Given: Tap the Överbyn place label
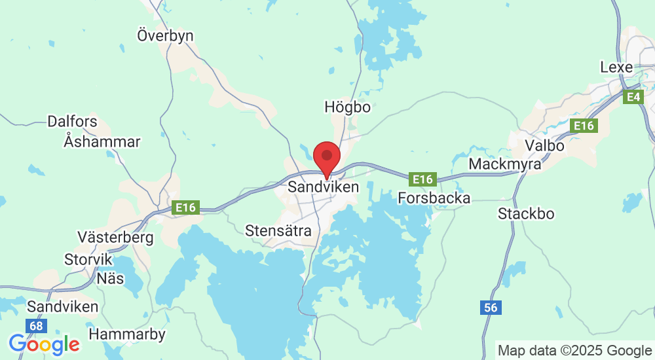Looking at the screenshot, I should [x=165, y=35].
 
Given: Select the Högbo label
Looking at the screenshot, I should [x=347, y=107].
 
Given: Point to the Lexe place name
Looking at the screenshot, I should [x=616, y=67].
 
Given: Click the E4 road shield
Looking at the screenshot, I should [x=632, y=98].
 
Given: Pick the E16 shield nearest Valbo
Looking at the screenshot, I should [x=584, y=126].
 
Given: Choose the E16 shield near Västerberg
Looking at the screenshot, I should [x=185, y=207].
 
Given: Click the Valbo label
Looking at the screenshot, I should [x=544, y=145].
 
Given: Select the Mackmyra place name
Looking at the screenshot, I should [x=505, y=164].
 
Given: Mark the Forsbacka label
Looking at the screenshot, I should [x=434, y=198].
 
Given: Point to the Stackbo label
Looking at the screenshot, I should [x=526, y=214].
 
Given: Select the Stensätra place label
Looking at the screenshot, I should [x=278, y=230].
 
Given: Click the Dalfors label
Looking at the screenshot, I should [x=72, y=122].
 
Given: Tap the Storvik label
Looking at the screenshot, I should [x=88, y=259].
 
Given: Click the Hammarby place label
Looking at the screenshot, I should [x=126, y=334].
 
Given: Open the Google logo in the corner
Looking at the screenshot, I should [x=44, y=344].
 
